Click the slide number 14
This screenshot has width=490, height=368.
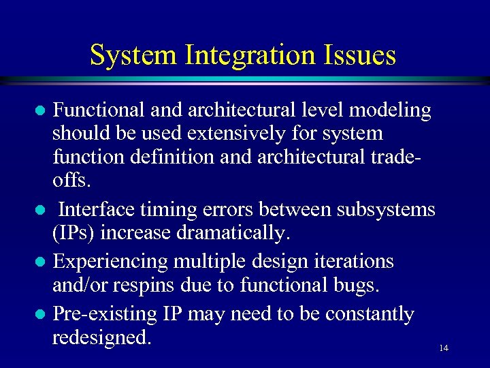tap(444, 348)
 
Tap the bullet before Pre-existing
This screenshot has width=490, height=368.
tap(41, 315)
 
